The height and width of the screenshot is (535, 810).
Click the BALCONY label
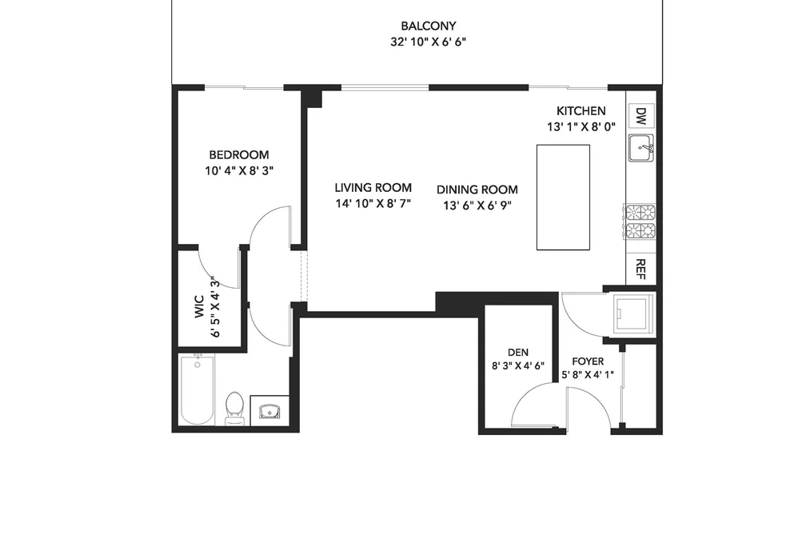(x=429, y=26)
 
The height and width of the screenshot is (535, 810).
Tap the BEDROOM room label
(x=238, y=155)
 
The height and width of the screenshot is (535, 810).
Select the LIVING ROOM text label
(x=373, y=188)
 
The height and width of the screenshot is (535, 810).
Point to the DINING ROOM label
(x=477, y=190)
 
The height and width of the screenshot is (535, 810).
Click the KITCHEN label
(x=581, y=111)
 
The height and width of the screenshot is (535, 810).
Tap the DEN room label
(x=517, y=353)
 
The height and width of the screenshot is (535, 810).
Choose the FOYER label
(x=588, y=361)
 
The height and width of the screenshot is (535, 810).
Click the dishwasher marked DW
(x=641, y=116)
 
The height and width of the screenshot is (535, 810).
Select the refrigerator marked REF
(x=640, y=269)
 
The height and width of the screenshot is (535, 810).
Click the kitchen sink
(x=641, y=148)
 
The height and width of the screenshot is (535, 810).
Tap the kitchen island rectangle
(x=563, y=198)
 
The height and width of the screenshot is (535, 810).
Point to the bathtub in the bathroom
(x=198, y=390)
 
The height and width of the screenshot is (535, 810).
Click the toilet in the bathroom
(x=235, y=408)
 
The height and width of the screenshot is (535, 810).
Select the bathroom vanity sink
(x=269, y=411)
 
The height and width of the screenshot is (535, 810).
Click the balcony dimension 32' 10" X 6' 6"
(x=429, y=42)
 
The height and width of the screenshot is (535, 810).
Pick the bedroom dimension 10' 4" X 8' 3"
(x=238, y=171)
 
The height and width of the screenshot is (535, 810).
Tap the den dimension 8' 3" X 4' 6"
(x=517, y=366)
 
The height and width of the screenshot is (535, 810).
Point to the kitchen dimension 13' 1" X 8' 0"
(x=581, y=127)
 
